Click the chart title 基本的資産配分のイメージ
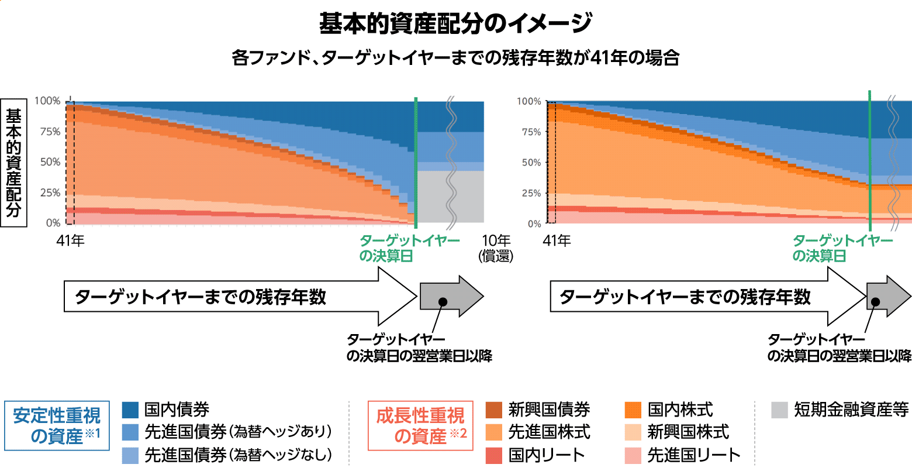click(455, 23)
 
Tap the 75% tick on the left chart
click(50, 132)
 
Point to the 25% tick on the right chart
click(531, 193)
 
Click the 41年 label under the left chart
click(70, 240)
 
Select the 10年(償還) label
click(496, 248)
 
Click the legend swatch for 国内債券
click(130, 410)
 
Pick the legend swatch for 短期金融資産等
click(779, 410)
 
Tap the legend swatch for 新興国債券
click(494, 410)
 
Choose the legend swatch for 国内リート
click(494, 455)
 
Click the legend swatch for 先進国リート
click(633, 455)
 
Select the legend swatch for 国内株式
click(633, 410)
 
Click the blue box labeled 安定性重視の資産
click(57, 426)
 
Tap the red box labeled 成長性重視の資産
click(420, 426)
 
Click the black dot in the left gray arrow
click(443, 301)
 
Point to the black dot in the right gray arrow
click(875, 302)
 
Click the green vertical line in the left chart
click(416, 164)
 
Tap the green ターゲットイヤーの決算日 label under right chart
click(842, 248)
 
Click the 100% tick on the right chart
click(529, 101)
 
